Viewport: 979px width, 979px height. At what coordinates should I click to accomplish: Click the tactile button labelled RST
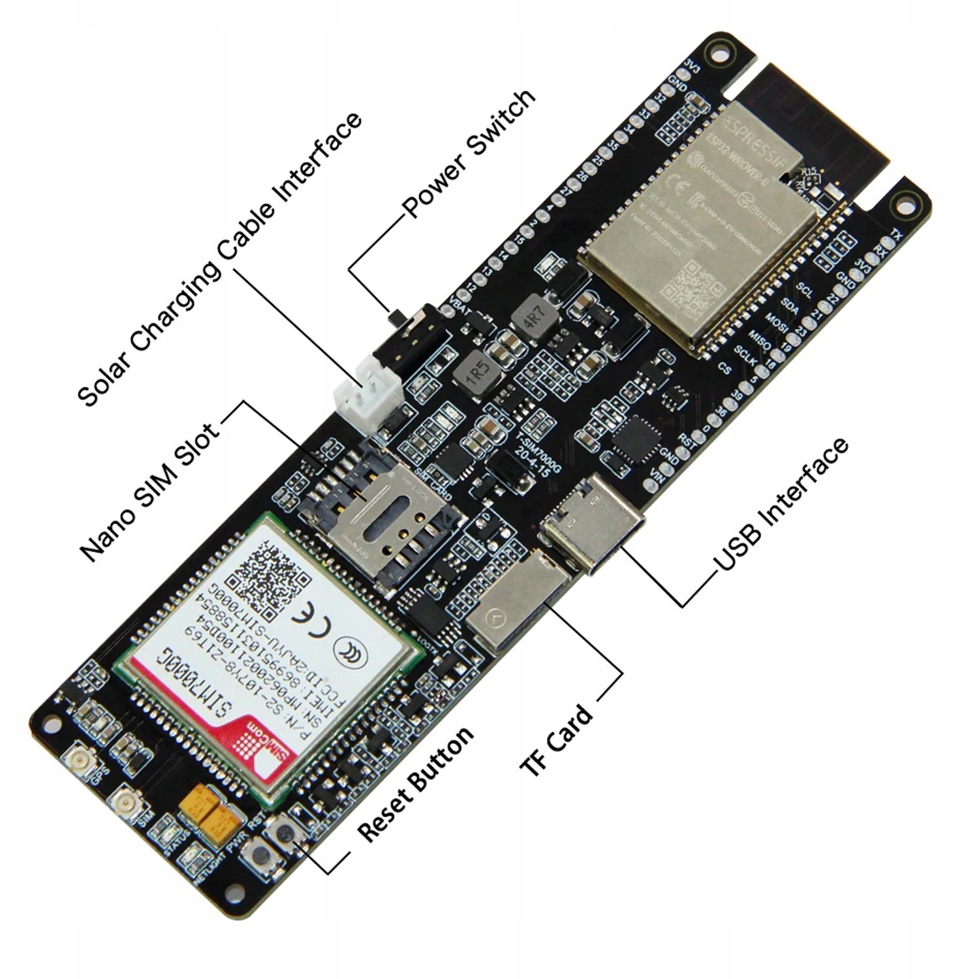285,832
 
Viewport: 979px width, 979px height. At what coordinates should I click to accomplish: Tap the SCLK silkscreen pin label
745,358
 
